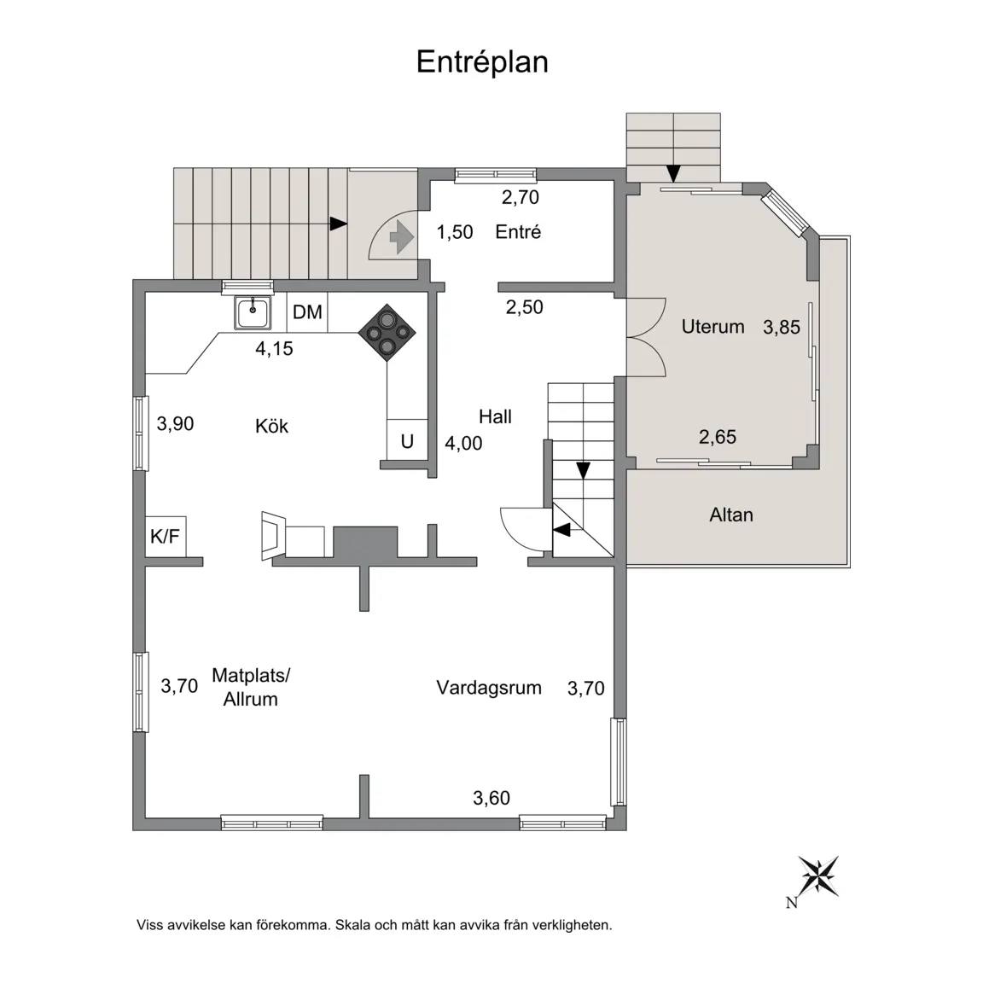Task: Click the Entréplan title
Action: point(482,62)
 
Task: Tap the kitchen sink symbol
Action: point(253,312)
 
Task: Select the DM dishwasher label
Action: point(307,311)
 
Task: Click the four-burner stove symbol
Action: point(387,332)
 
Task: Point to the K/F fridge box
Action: point(166,536)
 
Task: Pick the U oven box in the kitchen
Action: point(407,441)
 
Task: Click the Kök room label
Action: point(271,427)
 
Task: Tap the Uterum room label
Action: point(713,327)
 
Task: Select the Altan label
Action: point(731,515)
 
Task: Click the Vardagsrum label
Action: point(489,688)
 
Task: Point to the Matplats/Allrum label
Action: point(251,687)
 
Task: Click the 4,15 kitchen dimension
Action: point(274,348)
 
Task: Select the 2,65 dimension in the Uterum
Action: point(717,437)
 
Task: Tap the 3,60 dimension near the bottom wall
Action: point(491,798)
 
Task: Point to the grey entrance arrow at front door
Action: point(401,238)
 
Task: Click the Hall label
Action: point(495,417)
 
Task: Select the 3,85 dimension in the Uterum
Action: point(781,328)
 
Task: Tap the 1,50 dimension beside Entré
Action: point(455,232)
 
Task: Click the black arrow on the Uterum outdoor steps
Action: point(673,173)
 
